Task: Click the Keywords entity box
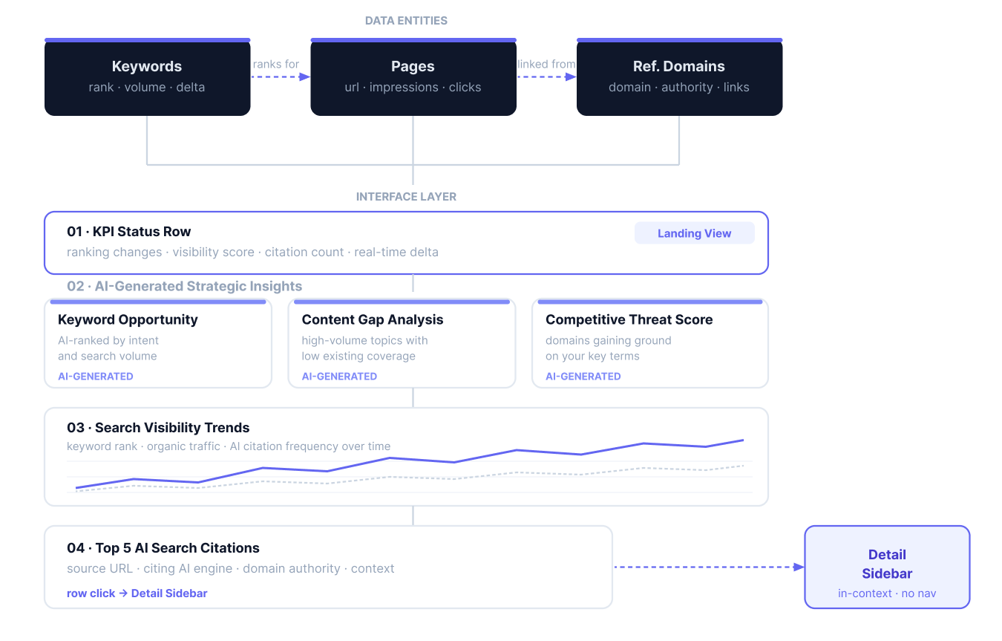tap(147, 77)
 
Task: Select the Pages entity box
tap(413, 77)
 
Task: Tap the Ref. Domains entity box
tap(679, 77)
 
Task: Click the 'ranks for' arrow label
tap(276, 65)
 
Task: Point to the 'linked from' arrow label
tap(546, 65)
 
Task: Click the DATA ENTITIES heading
tap(406, 21)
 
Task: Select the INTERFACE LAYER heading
tap(406, 197)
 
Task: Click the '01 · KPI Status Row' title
tap(129, 232)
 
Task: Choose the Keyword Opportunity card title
tap(128, 319)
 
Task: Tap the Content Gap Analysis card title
tap(373, 319)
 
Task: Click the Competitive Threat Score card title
tap(629, 319)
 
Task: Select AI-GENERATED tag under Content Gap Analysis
tap(339, 377)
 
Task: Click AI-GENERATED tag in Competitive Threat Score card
tap(583, 377)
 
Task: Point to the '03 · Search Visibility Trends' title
tap(158, 428)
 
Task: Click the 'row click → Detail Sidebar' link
tap(137, 593)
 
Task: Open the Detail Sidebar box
tap(887, 567)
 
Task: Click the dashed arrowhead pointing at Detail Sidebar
tap(799, 567)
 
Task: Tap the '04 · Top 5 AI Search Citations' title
tap(163, 548)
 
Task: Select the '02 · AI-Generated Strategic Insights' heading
tap(184, 286)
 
